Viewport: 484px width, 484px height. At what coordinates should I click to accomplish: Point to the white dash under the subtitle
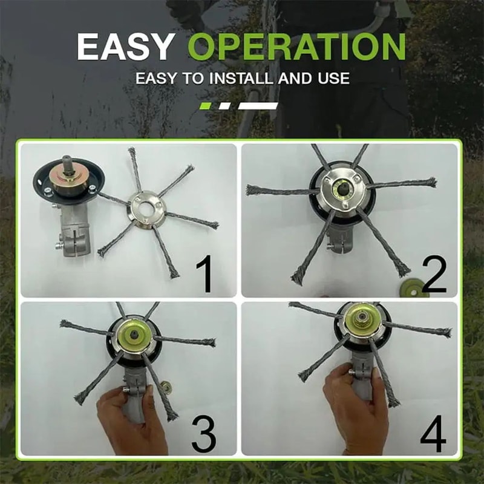click(258, 106)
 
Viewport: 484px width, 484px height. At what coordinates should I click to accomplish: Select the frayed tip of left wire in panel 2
click(250, 190)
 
